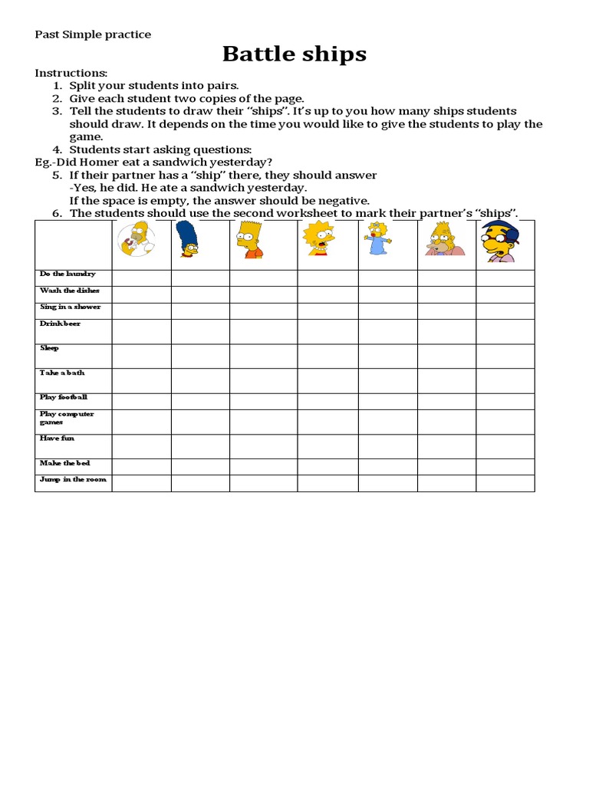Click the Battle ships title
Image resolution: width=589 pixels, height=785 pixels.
(294, 54)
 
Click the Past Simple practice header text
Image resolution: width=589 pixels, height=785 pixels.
(93, 34)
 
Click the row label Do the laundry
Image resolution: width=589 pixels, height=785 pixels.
(67, 274)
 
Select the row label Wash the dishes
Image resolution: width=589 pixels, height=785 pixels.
(70, 291)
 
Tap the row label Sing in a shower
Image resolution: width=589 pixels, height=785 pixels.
(71, 307)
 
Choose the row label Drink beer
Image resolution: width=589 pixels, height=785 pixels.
(60, 324)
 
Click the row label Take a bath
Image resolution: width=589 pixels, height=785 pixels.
(62, 373)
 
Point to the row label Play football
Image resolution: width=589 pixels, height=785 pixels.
(64, 397)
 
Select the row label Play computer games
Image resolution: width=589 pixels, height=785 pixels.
(67, 418)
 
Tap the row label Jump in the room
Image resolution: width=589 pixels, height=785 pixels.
(73, 479)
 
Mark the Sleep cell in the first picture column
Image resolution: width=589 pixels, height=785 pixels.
(142, 356)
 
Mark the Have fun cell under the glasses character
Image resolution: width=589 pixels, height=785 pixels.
(505, 446)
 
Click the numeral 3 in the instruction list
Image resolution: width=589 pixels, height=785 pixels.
(56, 111)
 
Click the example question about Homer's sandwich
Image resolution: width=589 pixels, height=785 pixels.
(153, 162)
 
